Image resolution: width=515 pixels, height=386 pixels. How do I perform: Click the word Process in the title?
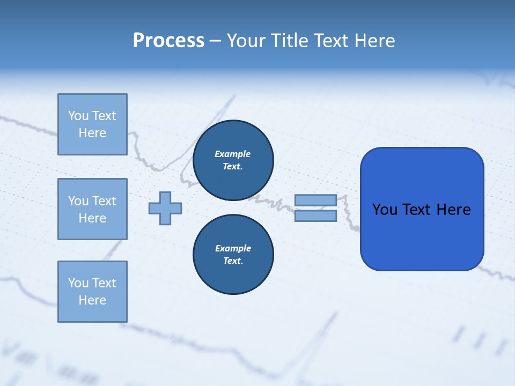[x=168, y=41]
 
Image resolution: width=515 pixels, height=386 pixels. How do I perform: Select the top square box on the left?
[x=92, y=124]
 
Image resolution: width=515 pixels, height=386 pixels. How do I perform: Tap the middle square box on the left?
[x=92, y=209]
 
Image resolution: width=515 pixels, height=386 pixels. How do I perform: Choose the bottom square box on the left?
[x=92, y=292]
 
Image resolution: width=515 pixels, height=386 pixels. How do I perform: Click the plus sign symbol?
[x=165, y=208]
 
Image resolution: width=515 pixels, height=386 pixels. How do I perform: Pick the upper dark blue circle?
[x=233, y=160]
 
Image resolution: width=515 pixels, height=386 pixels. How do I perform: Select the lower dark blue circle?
[x=233, y=255]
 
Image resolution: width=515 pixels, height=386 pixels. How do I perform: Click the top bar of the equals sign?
[x=315, y=200]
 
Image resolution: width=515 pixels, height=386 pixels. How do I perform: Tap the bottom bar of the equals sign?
[x=315, y=216]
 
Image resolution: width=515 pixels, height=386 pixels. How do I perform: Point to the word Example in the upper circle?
[x=233, y=154]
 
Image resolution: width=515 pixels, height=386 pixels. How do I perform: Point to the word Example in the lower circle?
[x=233, y=248]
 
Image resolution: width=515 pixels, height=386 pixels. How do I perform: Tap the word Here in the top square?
[x=92, y=133]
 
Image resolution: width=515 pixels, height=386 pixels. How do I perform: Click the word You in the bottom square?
[x=78, y=283]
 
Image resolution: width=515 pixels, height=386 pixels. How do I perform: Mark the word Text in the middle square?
[x=104, y=201]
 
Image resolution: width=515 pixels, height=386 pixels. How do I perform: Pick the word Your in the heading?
[x=246, y=41]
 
